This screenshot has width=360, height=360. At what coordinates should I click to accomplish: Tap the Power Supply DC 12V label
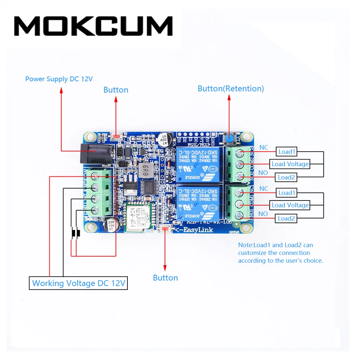[x=59, y=79]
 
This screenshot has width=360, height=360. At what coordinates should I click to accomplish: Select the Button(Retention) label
[x=230, y=89]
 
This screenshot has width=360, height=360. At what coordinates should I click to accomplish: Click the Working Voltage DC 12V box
[x=78, y=283]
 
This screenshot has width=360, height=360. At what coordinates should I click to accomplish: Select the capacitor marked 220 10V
[x=110, y=225]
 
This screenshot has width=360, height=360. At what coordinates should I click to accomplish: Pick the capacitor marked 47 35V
[x=163, y=139]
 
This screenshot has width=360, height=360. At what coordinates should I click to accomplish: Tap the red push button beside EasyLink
[x=166, y=229]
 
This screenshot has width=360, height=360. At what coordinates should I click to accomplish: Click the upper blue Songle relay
[x=197, y=164]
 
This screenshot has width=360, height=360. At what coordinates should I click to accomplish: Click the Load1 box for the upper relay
[x=287, y=152]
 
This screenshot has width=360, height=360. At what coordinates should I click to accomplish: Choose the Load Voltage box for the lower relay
[x=290, y=205]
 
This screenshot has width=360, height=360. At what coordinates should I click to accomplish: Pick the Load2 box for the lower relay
[x=287, y=218]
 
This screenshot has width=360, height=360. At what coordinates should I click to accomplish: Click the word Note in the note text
[x=246, y=245]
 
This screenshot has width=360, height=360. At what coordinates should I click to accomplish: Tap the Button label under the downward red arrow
[x=165, y=278]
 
